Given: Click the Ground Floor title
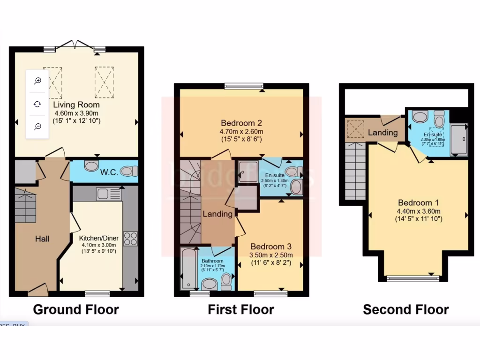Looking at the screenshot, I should [75, 309].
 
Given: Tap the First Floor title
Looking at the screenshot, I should [241, 309].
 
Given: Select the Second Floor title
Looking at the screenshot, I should [406, 309].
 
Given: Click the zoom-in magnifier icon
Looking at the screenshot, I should [37, 81].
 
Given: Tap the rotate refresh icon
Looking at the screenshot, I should [37, 104].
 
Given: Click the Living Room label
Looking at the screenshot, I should [76, 105].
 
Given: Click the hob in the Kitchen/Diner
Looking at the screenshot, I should [130, 238].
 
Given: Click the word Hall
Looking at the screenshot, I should [42, 239].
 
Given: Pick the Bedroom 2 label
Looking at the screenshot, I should [241, 123].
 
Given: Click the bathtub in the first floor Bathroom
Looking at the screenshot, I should [186, 270].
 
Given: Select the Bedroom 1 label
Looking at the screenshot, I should [418, 203].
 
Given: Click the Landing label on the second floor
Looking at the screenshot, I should [382, 133].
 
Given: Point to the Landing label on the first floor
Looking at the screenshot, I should [217, 214].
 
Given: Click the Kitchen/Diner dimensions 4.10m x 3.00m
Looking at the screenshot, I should [99, 245].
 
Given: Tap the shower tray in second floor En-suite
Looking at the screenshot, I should [459, 139].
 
